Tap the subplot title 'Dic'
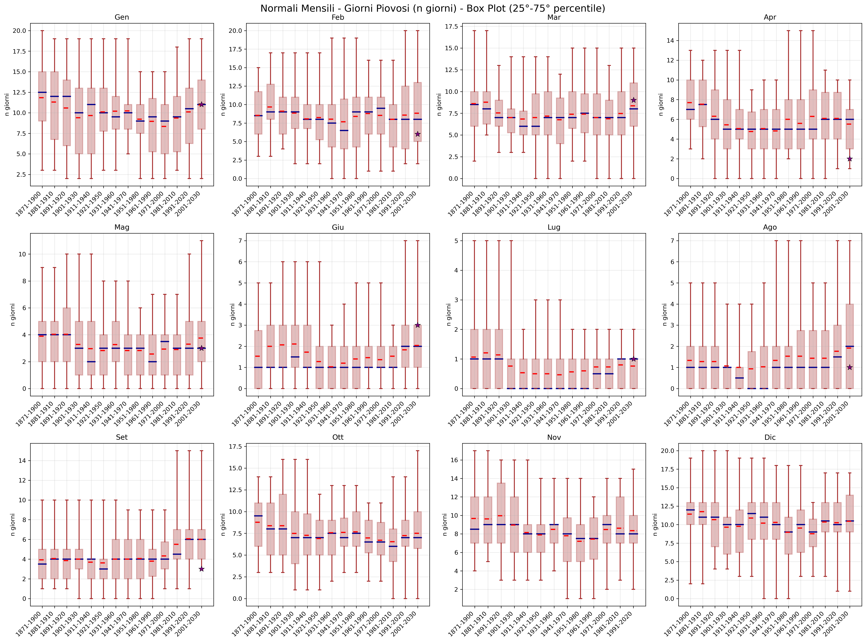coord(770,437)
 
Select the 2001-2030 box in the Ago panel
coord(850,346)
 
